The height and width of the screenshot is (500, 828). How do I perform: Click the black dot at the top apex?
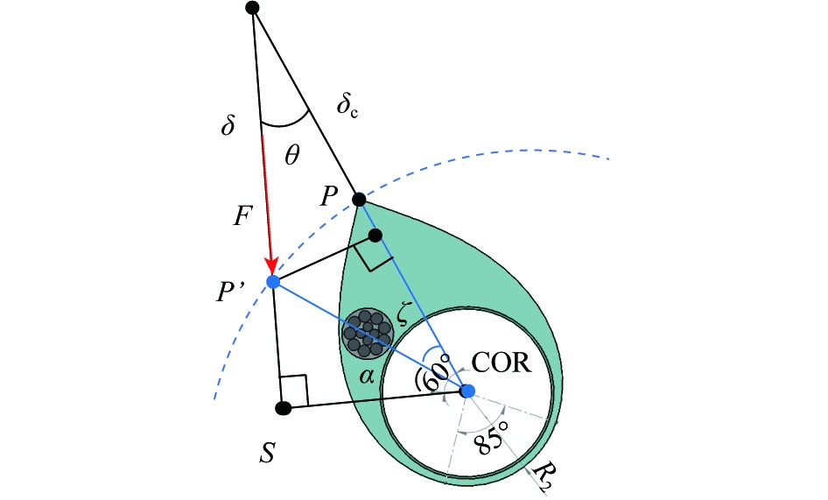pyautogui.click(x=252, y=8)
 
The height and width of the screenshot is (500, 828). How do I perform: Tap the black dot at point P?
pyautogui.click(x=358, y=199)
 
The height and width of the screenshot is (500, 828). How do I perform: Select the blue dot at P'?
pyautogui.click(x=273, y=281)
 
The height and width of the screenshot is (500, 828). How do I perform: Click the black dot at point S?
pyautogui.click(x=282, y=407)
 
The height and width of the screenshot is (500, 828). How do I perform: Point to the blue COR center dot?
pyautogui.click(x=467, y=391)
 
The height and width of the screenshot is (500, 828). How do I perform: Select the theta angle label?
pyautogui.click(x=292, y=155)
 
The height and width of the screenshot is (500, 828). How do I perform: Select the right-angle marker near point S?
pyautogui.click(x=294, y=391)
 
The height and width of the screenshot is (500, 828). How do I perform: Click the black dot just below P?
pyautogui.click(x=375, y=235)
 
